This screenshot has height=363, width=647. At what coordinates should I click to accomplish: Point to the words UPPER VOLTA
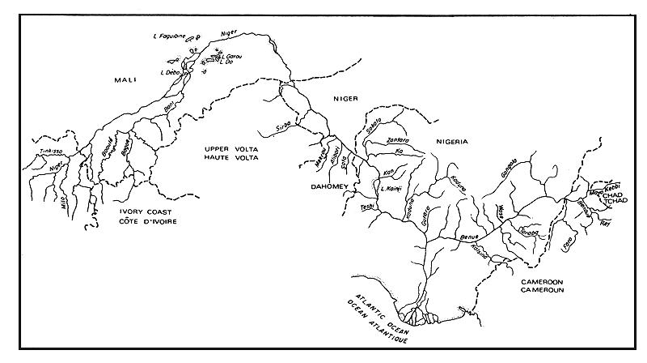[x=229, y=149]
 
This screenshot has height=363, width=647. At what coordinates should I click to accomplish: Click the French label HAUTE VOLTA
[x=229, y=159]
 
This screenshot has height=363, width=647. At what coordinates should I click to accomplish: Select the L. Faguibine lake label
[x=168, y=36]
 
